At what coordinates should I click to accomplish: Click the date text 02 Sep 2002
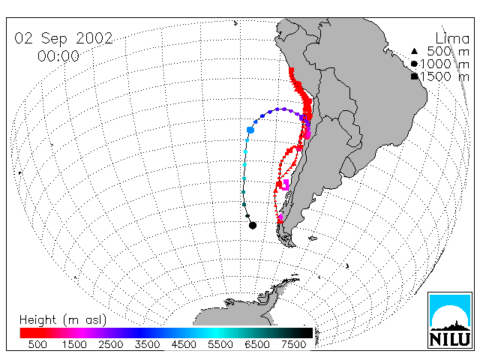tap(63, 38)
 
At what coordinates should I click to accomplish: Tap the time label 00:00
tap(58, 56)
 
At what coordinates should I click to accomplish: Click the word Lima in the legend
tap(452, 38)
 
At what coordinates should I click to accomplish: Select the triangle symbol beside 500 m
tap(414, 51)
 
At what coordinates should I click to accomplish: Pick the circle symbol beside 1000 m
tap(414, 64)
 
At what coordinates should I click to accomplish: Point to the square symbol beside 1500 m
tap(415, 76)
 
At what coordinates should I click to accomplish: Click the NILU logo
tap(450, 320)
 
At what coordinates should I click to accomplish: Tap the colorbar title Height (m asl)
tap(63, 320)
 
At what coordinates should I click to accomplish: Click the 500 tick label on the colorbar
tap(37, 344)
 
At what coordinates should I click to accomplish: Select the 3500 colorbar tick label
tap(147, 344)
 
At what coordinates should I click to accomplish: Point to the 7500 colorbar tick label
tap(293, 344)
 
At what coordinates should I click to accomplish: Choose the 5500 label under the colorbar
tap(220, 344)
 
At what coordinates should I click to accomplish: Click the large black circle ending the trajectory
tap(253, 225)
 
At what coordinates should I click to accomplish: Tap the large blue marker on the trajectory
tap(250, 130)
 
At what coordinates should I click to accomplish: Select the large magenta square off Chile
tap(285, 185)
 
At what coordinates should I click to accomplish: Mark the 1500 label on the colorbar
tap(74, 344)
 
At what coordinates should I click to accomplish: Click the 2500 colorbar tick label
tap(110, 344)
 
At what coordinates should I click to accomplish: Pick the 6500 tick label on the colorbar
tap(257, 344)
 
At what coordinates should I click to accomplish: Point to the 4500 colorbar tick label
tap(184, 344)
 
